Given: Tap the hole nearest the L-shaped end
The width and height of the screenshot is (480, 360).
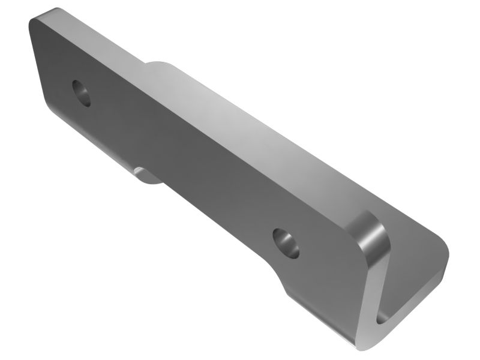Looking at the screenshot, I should click(285, 242).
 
